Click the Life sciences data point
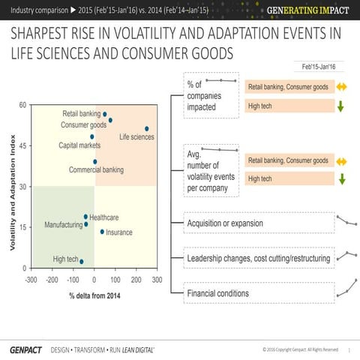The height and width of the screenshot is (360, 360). [147, 129]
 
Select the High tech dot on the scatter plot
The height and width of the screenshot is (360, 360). [82, 262]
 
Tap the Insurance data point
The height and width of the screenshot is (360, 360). [103, 231]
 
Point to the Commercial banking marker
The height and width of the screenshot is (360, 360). [95, 161]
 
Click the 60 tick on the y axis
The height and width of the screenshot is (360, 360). [22, 105]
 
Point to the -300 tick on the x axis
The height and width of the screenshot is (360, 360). [31, 280]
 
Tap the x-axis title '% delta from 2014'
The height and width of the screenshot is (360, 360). [94, 295]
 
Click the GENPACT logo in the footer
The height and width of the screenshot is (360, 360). [25, 350]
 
